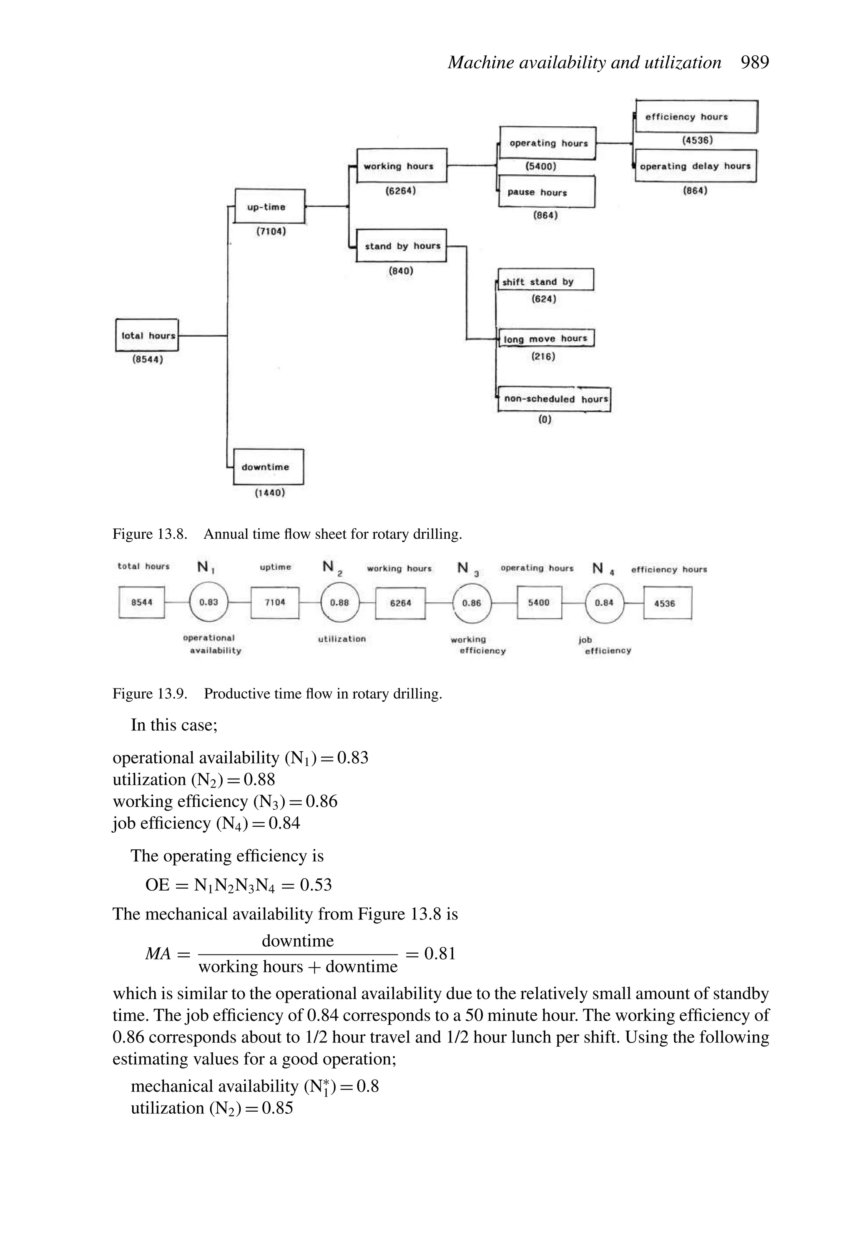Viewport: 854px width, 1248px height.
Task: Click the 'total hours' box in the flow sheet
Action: (147, 335)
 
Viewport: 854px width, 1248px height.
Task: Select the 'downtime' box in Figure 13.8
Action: (268, 467)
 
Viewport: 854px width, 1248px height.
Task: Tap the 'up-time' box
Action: (270, 206)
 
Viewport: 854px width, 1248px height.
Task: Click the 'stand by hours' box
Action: (401, 246)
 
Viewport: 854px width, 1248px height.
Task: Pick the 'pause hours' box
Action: (547, 192)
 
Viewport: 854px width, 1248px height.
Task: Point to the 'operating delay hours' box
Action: (696, 166)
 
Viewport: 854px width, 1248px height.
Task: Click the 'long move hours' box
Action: (546, 338)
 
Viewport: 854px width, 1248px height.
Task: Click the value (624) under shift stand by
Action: (544, 299)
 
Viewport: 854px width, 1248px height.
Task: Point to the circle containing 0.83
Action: (209, 603)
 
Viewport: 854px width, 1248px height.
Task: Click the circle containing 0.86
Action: (472, 603)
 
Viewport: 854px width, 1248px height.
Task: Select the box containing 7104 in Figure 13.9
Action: (275, 603)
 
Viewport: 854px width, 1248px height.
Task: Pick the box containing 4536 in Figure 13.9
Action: (667, 603)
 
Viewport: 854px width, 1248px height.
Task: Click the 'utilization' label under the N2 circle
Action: (342, 638)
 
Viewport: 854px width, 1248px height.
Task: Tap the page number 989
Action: (755, 62)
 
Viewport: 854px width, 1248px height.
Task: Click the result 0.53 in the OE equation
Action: (316, 884)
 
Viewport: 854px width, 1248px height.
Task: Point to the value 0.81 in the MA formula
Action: (440, 953)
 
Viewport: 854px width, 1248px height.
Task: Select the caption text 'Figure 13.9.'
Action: (149, 693)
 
